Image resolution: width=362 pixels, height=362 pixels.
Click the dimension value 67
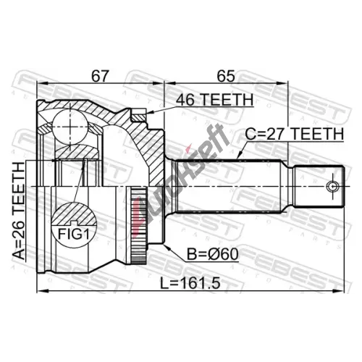click(x=100, y=75)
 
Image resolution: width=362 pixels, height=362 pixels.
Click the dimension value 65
click(x=226, y=75)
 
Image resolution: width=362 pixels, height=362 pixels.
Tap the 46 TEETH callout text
click(x=214, y=100)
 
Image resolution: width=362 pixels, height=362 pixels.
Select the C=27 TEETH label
click(x=295, y=134)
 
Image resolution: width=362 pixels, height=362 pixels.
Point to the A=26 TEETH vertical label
click(x=19, y=211)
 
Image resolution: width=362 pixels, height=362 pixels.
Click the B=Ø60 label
click(x=213, y=254)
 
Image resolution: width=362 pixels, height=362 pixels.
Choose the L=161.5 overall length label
click(x=190, y=283)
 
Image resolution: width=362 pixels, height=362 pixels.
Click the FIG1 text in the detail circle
click(x=74, y=234)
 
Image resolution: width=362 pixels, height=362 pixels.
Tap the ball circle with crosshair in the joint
click(x=70, y=126)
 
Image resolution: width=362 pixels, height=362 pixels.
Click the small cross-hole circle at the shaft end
click(x=332, y=187)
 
